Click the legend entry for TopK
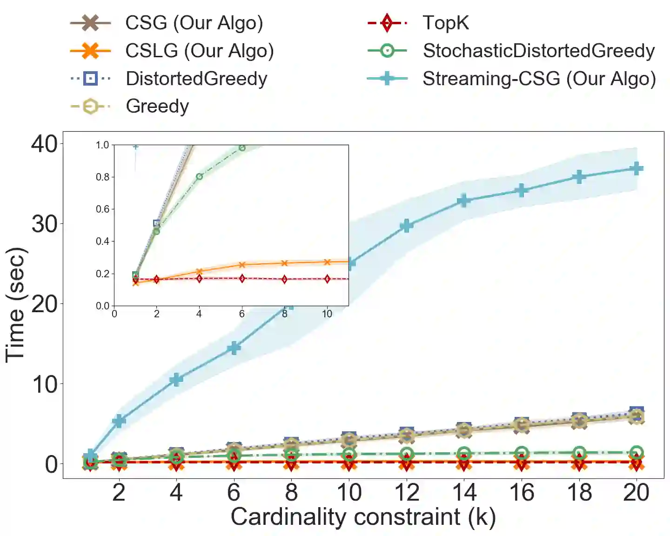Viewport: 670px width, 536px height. click(445, 23)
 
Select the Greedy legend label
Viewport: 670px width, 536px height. click(157, 106)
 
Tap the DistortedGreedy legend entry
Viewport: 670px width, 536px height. click(196, 79)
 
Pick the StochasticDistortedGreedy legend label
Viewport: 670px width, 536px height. click(538, 51)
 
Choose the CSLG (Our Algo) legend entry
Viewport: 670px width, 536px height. click(199, 51)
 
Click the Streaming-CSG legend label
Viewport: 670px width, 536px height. click(539, 79)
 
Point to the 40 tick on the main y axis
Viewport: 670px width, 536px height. click(45, 144)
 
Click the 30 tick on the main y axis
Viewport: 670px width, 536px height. click(45, 224)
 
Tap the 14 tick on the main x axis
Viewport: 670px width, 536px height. click(464, 492)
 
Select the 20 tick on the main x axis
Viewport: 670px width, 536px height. click(636, 492)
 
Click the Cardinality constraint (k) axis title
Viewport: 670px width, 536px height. click(363, 517)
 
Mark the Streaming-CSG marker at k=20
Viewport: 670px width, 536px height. click(636, 168)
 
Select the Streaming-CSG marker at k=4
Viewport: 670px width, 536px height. click(176, 380)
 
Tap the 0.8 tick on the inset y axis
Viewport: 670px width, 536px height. click(102, 177)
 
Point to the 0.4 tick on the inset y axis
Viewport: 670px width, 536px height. click(102, 241)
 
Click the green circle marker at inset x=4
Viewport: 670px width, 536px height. click(199, 177)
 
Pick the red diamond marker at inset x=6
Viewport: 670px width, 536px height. click(242, 278)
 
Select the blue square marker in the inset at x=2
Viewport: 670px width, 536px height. click(157, 224)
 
